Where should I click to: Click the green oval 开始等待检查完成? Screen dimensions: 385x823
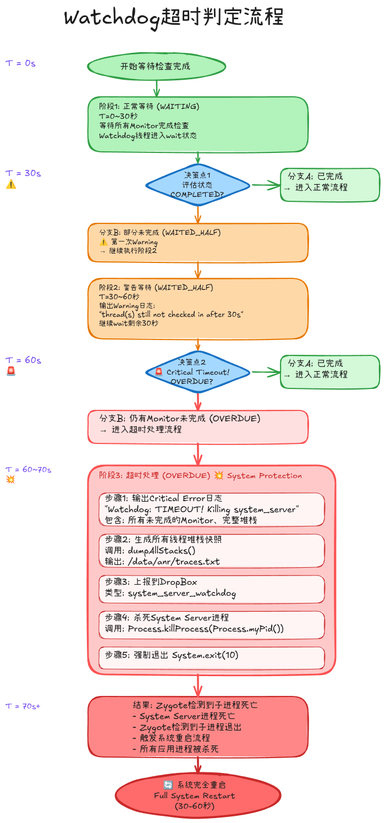pyautogui.click(x=156, y=66)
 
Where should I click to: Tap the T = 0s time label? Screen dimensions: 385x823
pyautogui.click(x=20, y=63)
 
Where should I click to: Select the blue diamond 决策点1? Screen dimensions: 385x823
pyautogui.click(x=197, y=185)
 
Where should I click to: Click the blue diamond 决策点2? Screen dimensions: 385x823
pyautogui.click(x=197, y=372)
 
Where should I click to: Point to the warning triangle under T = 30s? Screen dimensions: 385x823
pyautogui.click(x=11, y=184)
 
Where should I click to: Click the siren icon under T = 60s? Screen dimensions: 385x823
pyautogui.click(x=11, y=371)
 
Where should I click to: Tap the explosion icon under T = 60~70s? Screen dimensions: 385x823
pyautogui.click(x=10, y=479)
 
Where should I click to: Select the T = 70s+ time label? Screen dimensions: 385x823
pyautogui.click(x=23, y=706)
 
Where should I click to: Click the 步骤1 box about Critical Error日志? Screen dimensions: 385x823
pyautogui.click(x=212, y=509)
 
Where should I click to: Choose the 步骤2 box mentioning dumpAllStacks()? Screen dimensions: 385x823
pyautogui.click(x=212, y=550)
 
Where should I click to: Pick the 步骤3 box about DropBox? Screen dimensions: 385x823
pyautogui.click(x=212, y=589)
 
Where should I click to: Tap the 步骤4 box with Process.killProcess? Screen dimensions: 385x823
pyautogui.click(x=212, y=624)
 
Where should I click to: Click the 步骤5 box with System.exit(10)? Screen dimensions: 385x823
pyautogui.click(x=212, y=657)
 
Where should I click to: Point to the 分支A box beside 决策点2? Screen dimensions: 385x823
pyautogui.click(x=330, y=372)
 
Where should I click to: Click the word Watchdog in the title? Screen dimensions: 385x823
pyautogui.click(x=112, y=18)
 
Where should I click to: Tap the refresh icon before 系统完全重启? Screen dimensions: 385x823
pyautogui.click(x=168, y=785)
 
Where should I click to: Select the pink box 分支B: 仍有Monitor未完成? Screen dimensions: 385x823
pyautogui.click(x=197, y=426)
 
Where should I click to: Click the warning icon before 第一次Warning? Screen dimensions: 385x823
pyautogui.click(x=103, y=242)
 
